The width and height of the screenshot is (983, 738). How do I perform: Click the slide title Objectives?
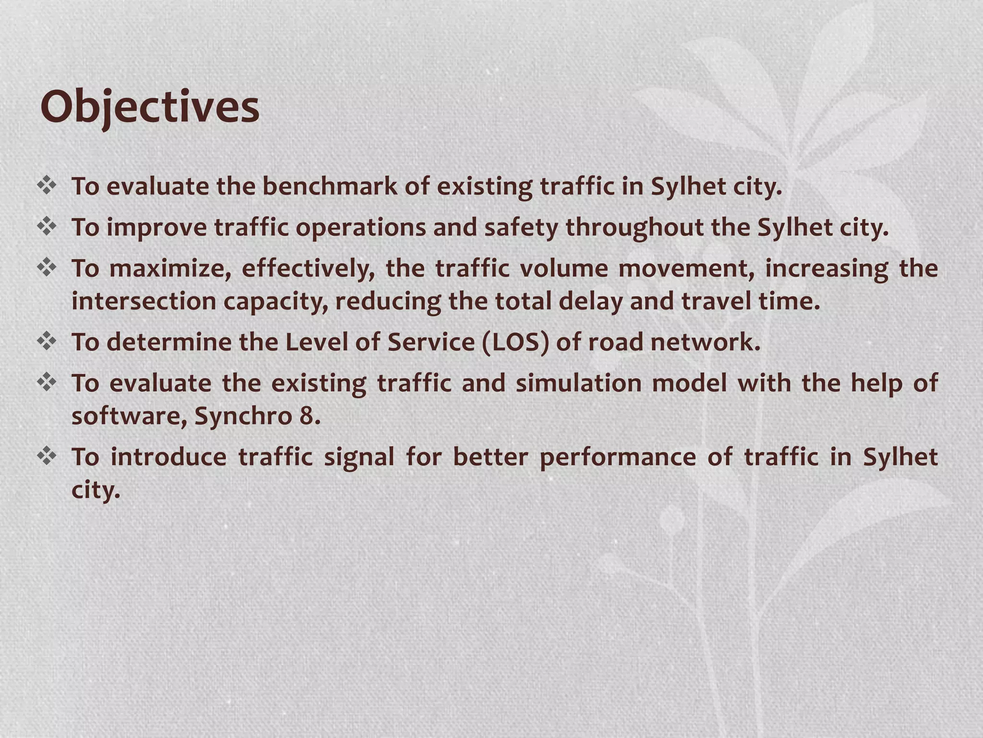(150, 107)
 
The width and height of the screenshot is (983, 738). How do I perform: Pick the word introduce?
(168, 457)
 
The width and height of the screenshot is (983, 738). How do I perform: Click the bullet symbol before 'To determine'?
(47, 342)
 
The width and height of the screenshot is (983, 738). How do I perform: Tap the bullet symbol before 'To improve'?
(47, 227)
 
